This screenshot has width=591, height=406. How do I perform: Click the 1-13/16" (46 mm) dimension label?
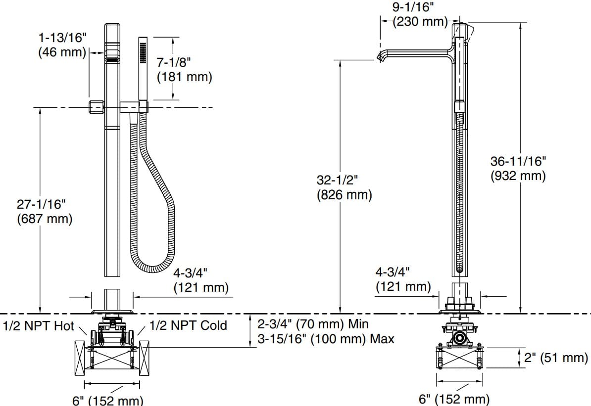pos(62,45)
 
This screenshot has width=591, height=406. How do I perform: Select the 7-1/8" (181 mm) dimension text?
pos(184,70)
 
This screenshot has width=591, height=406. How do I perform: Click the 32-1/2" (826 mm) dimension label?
pos(344,187)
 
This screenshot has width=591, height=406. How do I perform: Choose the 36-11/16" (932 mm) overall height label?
pos(518,168)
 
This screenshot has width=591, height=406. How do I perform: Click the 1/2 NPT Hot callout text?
pos(38,326)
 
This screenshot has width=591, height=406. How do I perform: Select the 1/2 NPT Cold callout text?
pos(188,325)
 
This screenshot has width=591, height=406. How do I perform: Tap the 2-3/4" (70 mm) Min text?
pos(313,324)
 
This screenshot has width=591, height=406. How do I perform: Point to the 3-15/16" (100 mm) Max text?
pos(326,339)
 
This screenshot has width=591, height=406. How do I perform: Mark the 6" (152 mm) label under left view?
pos(107,399)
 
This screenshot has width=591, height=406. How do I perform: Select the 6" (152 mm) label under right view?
pos(454,398)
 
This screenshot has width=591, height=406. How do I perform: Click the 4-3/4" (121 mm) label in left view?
pos(200,279)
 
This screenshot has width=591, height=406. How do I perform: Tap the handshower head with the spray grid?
pos(144,50)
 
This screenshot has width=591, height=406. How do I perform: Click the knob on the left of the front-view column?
pos(95,105)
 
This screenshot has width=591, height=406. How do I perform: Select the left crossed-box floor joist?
pos(82,356)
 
